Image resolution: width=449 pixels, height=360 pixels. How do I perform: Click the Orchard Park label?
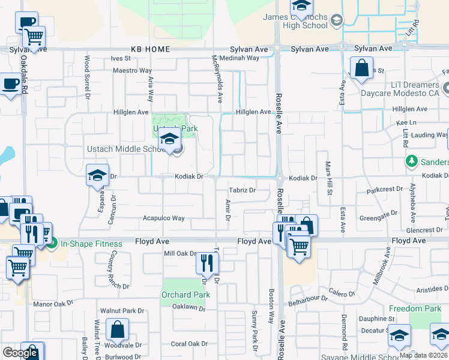185,295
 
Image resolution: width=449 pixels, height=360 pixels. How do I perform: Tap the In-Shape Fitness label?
91,244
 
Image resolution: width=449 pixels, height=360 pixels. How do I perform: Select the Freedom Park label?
415,308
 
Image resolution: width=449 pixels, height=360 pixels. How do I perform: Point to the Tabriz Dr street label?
243,190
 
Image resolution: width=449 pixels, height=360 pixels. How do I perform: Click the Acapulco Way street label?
163,218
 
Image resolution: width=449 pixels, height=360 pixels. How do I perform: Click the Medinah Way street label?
243,58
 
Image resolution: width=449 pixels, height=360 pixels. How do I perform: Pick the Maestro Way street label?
132,71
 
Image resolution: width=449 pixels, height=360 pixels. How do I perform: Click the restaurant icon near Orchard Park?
207,263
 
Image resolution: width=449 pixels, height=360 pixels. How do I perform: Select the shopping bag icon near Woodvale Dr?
117,330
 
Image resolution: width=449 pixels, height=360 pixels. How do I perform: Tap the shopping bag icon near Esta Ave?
362,69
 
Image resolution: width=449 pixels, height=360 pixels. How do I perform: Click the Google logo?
20,353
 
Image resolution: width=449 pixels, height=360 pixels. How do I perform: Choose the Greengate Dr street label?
378,213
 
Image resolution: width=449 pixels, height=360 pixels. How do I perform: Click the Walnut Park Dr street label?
123,311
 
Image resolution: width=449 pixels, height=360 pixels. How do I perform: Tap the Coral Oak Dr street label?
188,344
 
